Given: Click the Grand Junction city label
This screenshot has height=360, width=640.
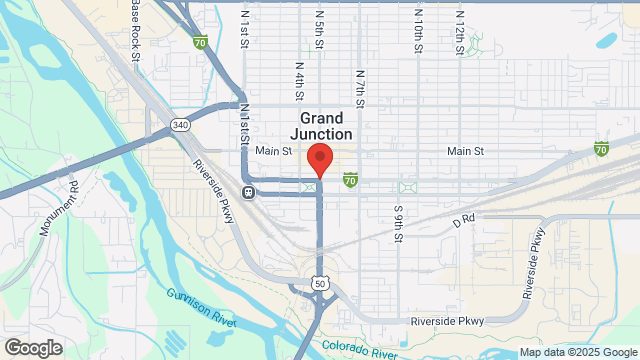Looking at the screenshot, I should click(x=320, y=125).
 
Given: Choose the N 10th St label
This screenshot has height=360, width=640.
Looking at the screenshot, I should click(x=419, y=26).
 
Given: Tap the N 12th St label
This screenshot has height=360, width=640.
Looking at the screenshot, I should click(x=459, y=26).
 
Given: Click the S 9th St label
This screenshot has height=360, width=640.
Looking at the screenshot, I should click(x=398, y=221).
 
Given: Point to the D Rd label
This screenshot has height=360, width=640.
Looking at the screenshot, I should click(x=463, y=219).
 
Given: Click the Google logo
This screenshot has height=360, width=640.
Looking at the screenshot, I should click(x=32, y=348).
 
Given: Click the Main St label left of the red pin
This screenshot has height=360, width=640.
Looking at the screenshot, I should click(x=271, y=151).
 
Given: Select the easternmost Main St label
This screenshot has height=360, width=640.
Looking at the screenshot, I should click(x=465, y=151).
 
